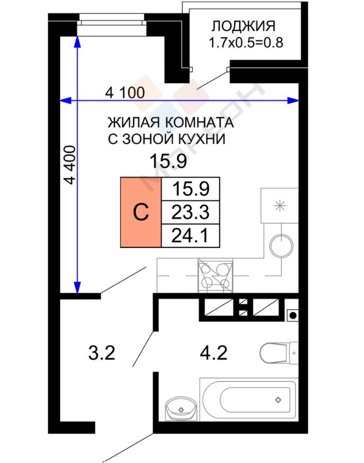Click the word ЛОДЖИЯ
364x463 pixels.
click(x=243, y=26)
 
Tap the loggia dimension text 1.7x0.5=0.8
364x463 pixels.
click(x=246, y=43)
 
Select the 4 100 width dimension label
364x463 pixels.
click(x=125, y=92)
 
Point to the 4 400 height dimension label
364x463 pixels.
click(x=70, y=165)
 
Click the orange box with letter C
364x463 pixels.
click(x=141, y=212)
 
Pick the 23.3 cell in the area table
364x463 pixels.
click(x=190, y=212)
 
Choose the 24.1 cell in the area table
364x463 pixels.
click(x=190, y=236)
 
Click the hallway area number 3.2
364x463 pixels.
click(x=102, y=353)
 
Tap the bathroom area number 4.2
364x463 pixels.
click(x=214, y=353)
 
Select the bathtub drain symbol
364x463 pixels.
click(x=278, y=400)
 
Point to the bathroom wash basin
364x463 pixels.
click(x=181, y=409)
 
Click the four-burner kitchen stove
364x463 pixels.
click(x=216, y=276)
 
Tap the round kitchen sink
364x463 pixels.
click(x=281, y=246)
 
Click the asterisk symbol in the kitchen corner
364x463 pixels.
click(x=279, y=206)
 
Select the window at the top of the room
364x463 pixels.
click(x=112, y=23)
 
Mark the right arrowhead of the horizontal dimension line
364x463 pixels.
click(x=294, y=101)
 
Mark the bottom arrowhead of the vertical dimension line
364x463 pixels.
click(x=77, y=287)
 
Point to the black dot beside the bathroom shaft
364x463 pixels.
click(x=293, y=315)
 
